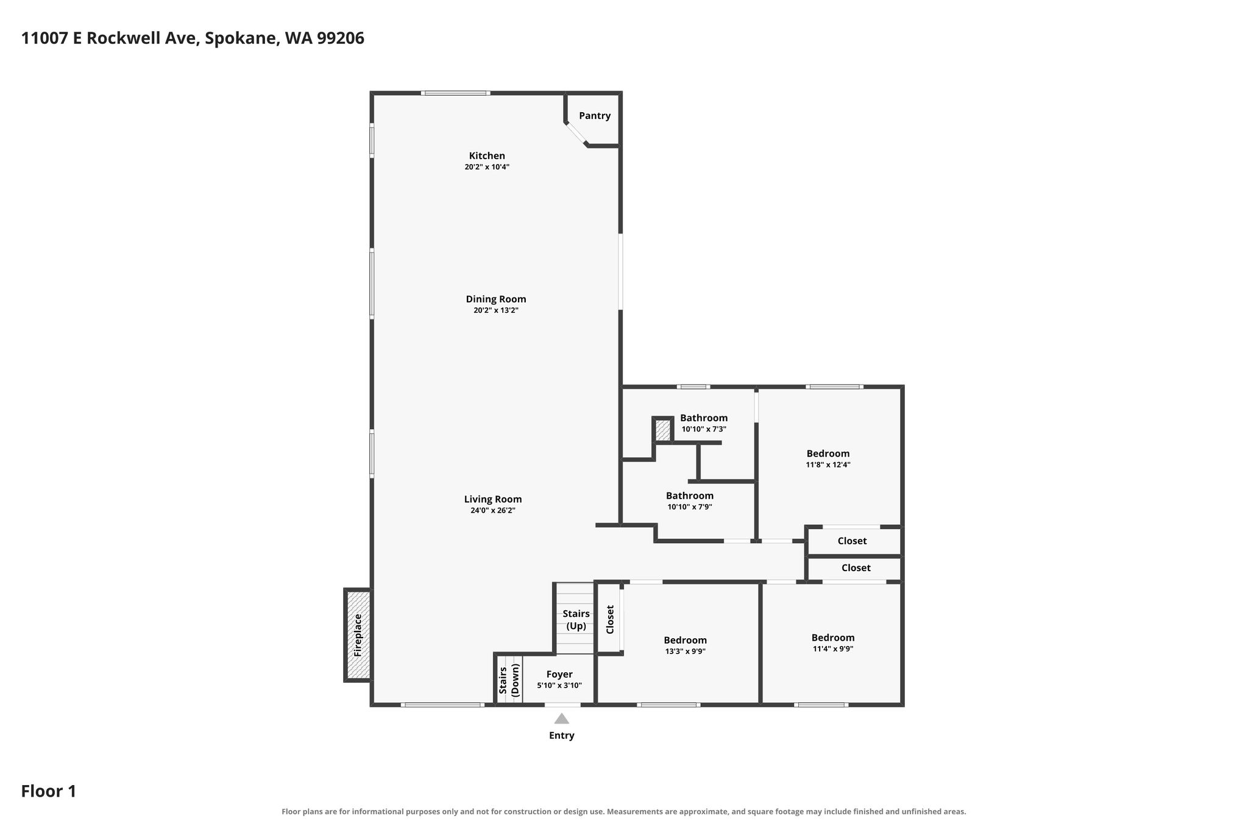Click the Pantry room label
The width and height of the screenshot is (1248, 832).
594,116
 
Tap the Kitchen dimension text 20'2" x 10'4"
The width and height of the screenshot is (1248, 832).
487,167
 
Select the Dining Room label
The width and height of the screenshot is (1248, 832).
496,299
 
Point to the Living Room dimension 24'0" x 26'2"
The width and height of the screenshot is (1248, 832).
493,511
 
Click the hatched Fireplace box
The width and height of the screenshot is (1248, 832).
358,635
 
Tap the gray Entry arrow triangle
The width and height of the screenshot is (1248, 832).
562,719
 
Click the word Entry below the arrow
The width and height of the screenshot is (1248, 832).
562,736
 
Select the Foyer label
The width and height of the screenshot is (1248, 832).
559,675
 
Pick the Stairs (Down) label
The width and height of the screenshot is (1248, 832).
509,680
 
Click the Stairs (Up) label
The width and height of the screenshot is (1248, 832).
576,620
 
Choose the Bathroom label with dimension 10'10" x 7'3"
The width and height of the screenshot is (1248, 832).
704,418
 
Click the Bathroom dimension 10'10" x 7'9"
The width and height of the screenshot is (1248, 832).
690,507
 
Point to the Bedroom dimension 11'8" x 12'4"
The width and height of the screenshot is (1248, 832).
828,464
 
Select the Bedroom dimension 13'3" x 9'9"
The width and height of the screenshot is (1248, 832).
686,652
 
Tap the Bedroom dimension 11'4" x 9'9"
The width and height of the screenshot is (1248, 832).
833,649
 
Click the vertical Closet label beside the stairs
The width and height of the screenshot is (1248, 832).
610,619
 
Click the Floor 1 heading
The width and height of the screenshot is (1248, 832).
49,791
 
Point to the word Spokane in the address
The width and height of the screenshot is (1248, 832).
242,38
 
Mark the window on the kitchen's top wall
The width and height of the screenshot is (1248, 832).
456,93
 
